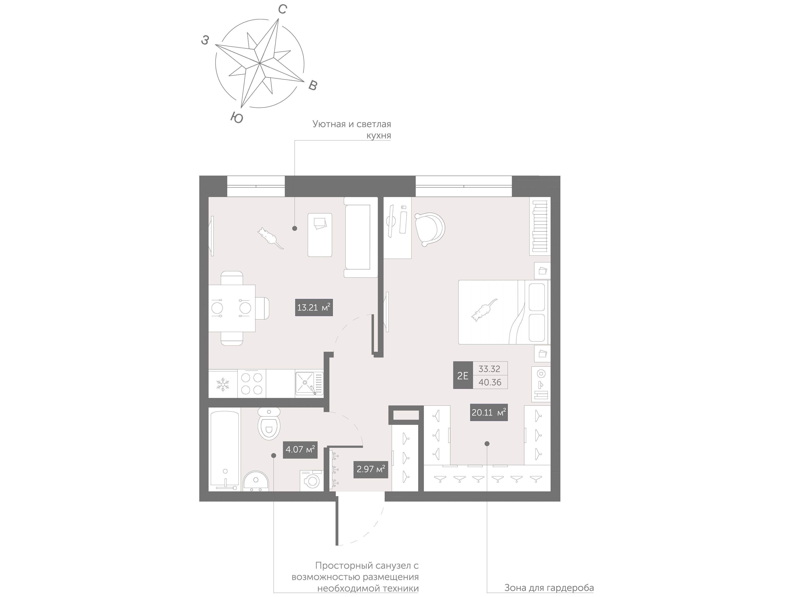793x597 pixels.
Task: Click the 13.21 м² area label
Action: coord(314,307)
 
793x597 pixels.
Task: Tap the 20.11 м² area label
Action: coord(489,412)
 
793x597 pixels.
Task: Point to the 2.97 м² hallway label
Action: coord(371,469)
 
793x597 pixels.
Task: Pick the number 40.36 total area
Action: coord(490,382)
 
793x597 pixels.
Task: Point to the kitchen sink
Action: coord(309,383)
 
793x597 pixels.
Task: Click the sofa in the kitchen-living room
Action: coord(361,237)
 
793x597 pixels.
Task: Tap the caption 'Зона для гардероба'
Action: coord(549,588)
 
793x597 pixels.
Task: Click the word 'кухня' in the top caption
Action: coord(378,135)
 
